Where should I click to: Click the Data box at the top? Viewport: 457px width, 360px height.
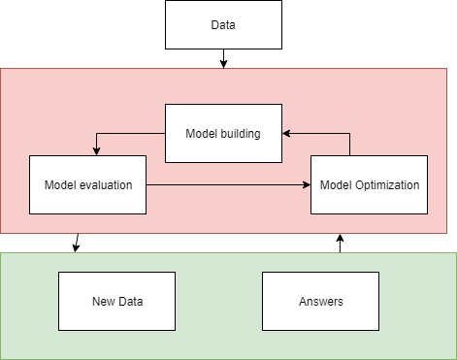coord(223,24)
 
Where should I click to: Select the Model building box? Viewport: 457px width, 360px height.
coord(223,133)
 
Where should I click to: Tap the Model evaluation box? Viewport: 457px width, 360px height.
coord(87,183)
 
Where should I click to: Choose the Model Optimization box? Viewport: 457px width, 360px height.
coord(369,183)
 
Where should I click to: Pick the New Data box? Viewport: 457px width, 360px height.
coord(116,300)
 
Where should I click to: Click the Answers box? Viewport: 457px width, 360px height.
coord(320,300)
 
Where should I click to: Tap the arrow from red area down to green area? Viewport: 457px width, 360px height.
coord(77,243)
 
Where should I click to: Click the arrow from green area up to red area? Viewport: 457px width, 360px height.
coord(341,243)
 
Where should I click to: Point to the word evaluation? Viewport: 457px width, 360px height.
coord(106,184)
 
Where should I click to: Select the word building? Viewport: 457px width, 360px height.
coord(241,134)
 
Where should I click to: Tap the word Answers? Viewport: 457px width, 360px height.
coord(320,301)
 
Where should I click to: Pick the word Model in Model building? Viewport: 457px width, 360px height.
coord(202,134)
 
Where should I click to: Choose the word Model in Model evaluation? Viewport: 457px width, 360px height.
coord(61,184)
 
